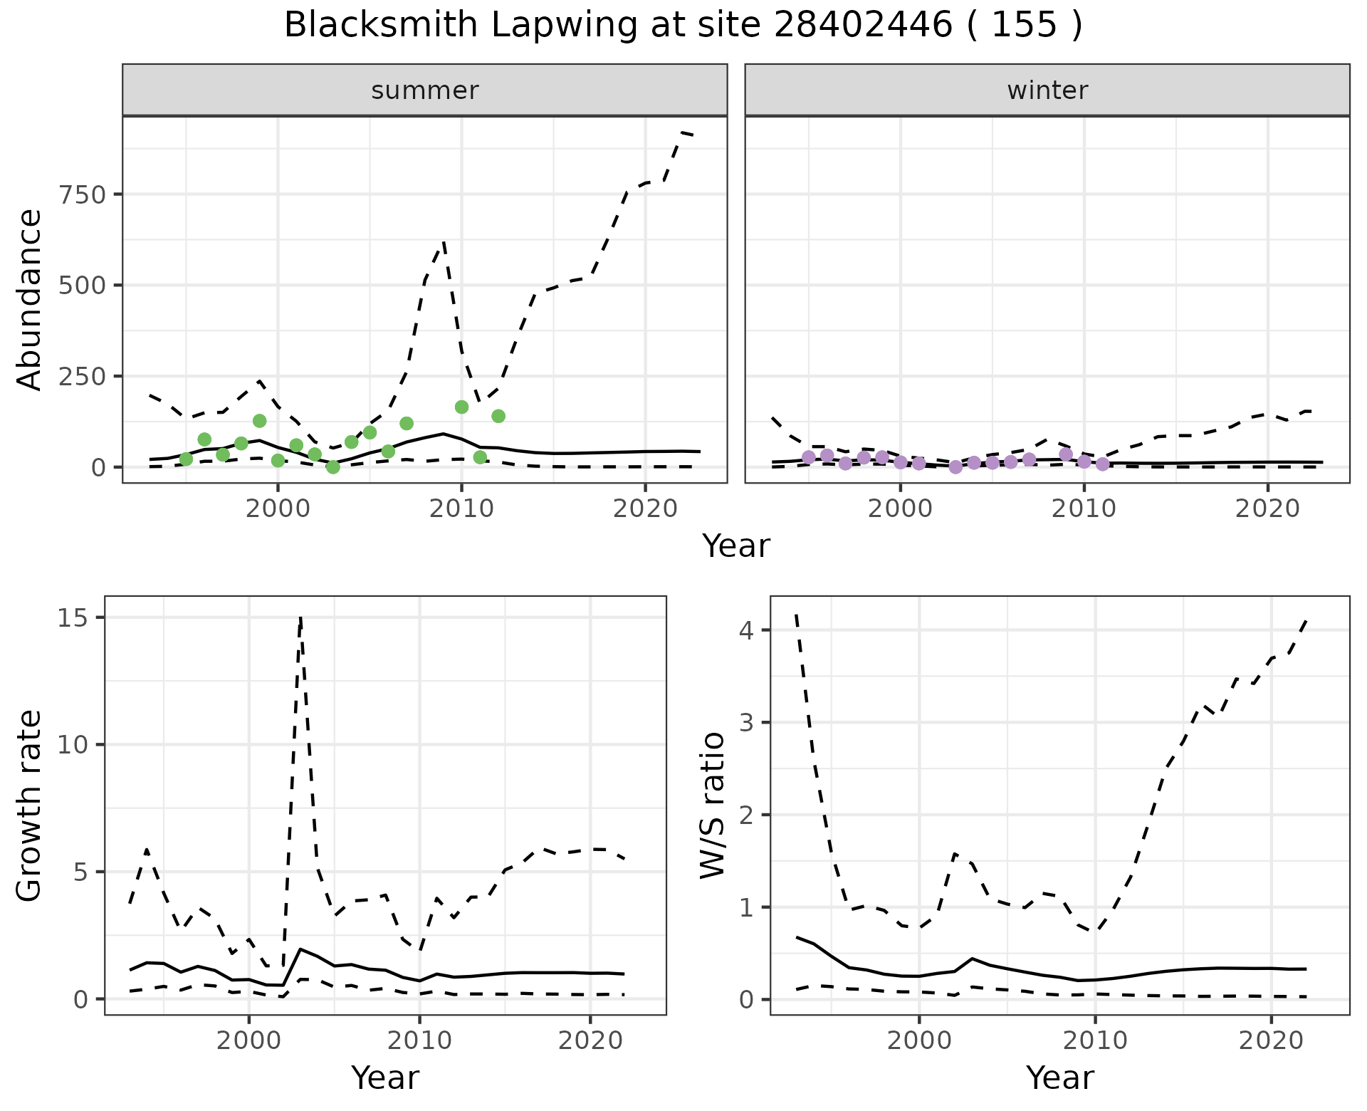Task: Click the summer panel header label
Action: (425, 90)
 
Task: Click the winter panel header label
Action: (1047, 90)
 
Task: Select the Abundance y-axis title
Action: (30, 299)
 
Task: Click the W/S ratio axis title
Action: (712, 805)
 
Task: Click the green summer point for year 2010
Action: (461, 407)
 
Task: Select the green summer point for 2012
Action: (498, 416)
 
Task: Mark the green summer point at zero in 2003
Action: (333, 467)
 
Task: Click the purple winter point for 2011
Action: (1103, 464)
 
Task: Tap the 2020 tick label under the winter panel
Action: (1267, 509)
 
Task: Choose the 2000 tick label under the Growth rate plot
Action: (248, 1041)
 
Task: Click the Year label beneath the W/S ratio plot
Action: (1060, 1078)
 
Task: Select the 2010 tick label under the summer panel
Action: (461, 509)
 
